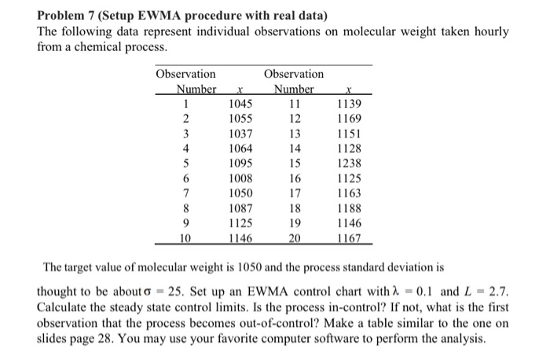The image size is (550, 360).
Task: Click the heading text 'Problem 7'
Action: click(x=67, y=16)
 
